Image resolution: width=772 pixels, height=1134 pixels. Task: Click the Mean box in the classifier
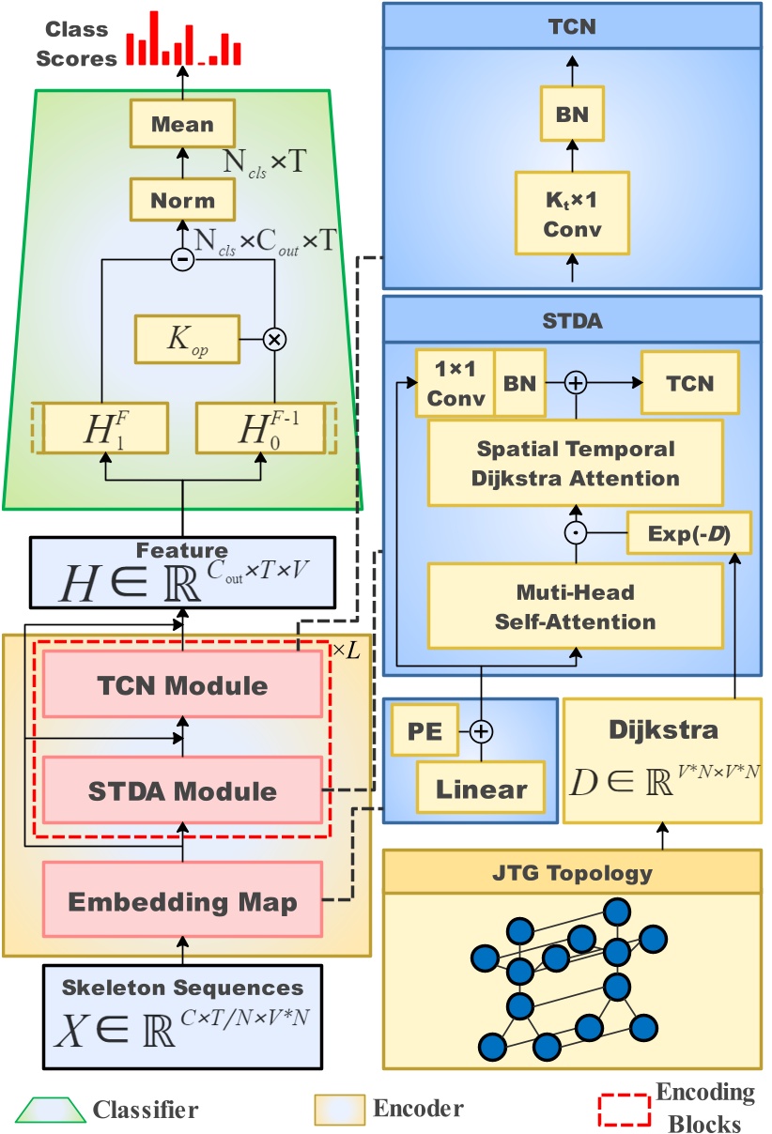[x=182, y=125]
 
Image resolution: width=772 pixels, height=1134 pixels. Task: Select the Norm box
[x=182, y=200]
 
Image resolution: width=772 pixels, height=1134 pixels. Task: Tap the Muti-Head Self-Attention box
[x=575, y=605]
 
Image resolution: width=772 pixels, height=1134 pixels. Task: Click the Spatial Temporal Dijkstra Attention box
[x=575, y=463]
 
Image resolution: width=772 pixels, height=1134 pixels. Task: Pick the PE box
[x=423, y=729]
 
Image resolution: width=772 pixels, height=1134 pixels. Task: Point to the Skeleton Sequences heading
[x=183, y=987]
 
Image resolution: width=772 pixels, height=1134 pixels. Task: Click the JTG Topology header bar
[x=572, y=873]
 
